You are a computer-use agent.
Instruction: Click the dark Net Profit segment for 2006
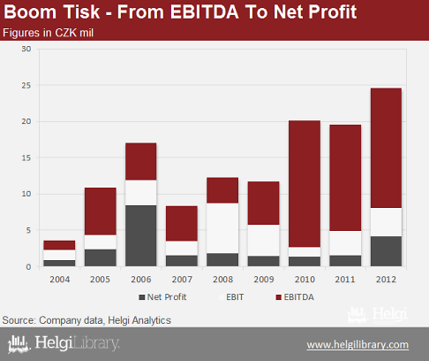(x=141, y=236)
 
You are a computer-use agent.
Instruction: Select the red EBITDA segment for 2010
(x=305, y=184)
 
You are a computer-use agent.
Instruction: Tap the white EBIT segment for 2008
(x=222, y=228)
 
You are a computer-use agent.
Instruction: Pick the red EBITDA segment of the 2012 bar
(x=386, y=148)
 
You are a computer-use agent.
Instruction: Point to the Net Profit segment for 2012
(x=386, y=251)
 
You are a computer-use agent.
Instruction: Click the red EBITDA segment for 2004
(x=59, y=245)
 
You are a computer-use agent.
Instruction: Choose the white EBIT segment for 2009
(x=264, y=241)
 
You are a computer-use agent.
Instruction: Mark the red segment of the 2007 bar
(x=182, y=224)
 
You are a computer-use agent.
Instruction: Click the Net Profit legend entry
(x=162, y=297)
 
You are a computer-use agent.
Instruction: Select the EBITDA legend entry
(x=295, y=297)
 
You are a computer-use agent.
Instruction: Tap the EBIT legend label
(x=235, y=297)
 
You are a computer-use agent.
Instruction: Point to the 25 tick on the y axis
(x=26, y=86)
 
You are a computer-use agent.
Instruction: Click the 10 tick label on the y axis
(x=26, y=194)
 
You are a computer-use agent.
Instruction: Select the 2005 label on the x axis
(x=100, y=280)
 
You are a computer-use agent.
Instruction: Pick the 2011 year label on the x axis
(x=345, y=280)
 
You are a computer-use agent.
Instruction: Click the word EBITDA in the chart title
(x=204, y=12)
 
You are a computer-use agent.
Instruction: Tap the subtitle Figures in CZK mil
(x=48, y=33)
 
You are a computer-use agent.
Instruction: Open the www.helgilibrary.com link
(x=357, y=345)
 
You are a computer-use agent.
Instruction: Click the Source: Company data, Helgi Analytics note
(x=87, y=320)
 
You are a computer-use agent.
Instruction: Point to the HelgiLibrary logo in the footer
(x=64, y=344)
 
